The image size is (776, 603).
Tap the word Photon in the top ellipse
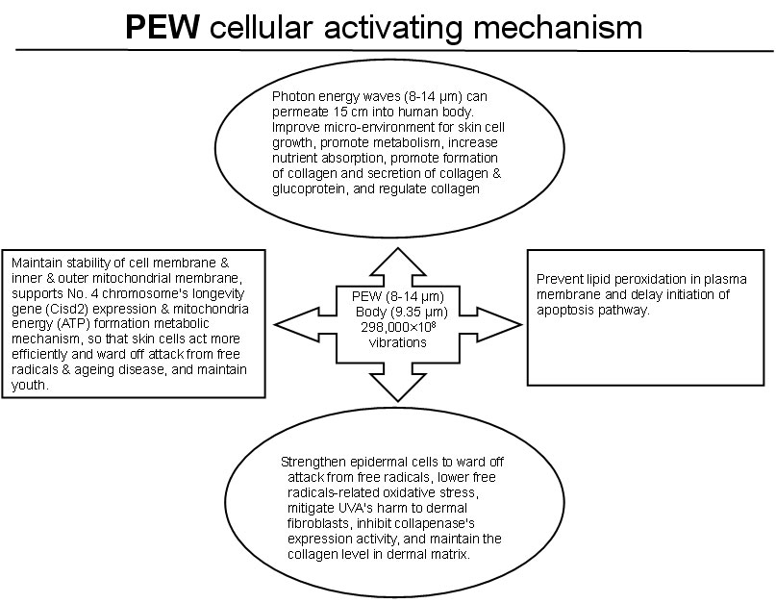(x=293, y=97)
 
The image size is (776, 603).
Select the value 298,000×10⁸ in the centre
(x=395, y=327)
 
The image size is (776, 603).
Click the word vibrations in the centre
(x=395, y=340)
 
